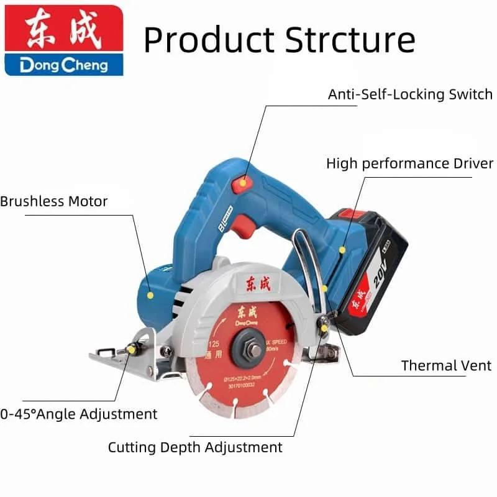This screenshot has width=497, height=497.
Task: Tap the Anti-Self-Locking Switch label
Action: pos(410,94)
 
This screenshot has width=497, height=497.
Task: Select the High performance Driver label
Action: pos(409,163)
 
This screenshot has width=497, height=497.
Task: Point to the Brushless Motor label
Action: pos(54,201)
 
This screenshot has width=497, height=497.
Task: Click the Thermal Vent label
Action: pos(446,365)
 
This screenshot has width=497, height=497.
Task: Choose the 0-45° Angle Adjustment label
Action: pos(79,414)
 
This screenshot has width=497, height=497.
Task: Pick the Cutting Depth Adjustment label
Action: pos(195,447)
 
